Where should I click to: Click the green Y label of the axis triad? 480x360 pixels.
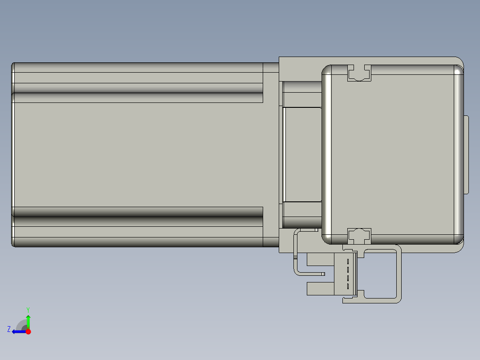pyautogui.click(x=28, y=309)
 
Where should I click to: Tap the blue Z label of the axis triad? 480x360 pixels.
pyautogui.click(x=9, y=329)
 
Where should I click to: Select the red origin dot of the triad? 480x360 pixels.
pyautogui.click(x=28, y=331)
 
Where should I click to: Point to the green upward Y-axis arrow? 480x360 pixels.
pyautogui.click(x=28, y=321)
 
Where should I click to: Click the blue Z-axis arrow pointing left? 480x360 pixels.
pyautogui.click(x=18, y=331)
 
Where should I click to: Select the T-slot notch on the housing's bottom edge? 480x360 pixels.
pyautogui.click(x=359, y=236)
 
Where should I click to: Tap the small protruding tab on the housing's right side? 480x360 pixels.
pyautogui.click(x=467, y=155)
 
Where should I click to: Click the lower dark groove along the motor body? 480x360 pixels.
pyautogui.click(x=138, y=221)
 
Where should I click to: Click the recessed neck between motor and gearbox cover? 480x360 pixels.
pyautogui.click(x=302, y=155)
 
